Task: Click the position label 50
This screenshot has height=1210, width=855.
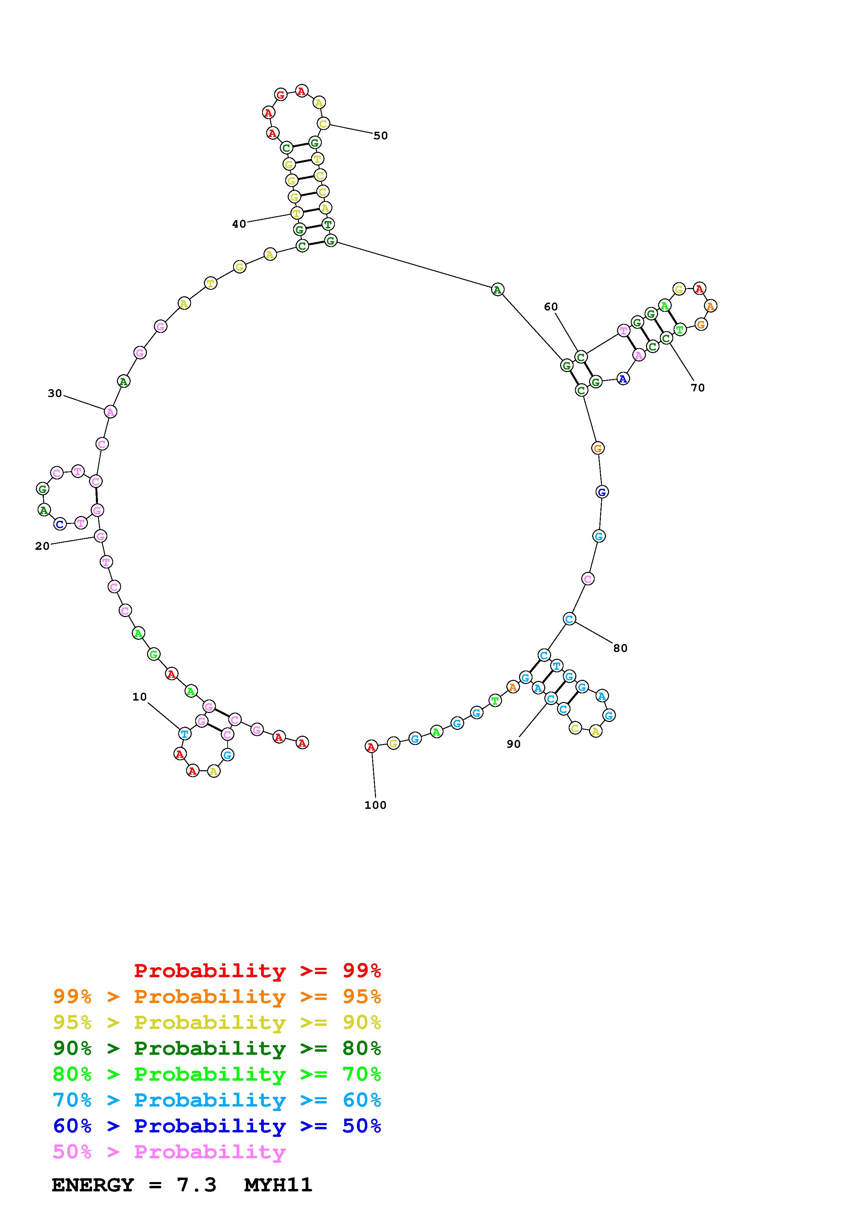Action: point(380,136)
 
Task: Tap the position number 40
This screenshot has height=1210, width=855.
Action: point(239,224)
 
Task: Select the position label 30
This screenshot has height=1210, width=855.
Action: point(55,393)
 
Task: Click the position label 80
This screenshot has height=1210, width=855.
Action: point(620,648)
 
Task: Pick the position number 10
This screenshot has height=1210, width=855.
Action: point(139,697)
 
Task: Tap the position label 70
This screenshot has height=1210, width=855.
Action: point(697,388)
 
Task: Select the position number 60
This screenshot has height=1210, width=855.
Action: point(550,307)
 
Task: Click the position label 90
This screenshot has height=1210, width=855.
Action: point(513,744)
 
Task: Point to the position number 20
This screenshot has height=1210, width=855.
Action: point(42,546)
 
